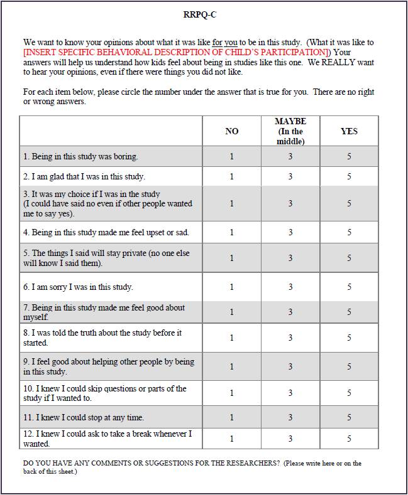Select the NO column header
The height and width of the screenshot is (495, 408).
tap(232, 131)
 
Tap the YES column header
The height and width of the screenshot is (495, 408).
tap(349, 131)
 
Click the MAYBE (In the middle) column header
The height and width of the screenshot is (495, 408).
tap(290, 131)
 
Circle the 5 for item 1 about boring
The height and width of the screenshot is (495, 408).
tap(349, 156)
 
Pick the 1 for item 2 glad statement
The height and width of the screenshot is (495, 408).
tap(232, 176)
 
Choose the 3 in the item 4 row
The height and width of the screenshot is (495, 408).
tap(290, 232)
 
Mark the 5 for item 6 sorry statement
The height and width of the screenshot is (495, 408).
tap(349, 287)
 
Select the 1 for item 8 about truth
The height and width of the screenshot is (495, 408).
tap(232, 338)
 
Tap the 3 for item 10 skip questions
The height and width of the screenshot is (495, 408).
tap(290, 393)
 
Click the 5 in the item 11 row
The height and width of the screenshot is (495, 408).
tap(349, 417)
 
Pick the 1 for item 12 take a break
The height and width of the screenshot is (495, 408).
tap(232, 439)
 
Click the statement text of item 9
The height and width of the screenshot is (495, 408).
tap(109, 366)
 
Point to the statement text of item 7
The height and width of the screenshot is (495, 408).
tap(104, 312)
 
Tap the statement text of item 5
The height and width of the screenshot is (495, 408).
tap(106, 258)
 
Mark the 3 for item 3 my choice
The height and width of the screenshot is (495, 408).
tap(290, 203)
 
